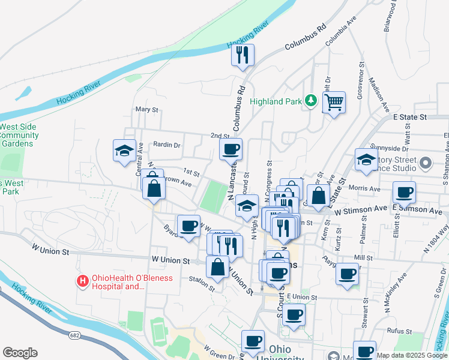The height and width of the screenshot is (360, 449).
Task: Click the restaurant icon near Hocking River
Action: click(243, 55)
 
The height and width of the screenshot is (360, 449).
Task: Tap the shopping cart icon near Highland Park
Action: click(334, 101)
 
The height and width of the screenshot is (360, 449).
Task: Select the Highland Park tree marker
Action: click(310, 100)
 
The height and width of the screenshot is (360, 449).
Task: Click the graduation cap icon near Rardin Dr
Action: click(124, 150)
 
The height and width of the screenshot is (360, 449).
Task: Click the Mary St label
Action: click(146, 110)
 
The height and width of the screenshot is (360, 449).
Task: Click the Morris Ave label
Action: click(367, 188)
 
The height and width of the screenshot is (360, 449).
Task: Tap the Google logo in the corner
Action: click(20, 353)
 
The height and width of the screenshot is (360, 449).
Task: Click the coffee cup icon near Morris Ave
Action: click(404, 193)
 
